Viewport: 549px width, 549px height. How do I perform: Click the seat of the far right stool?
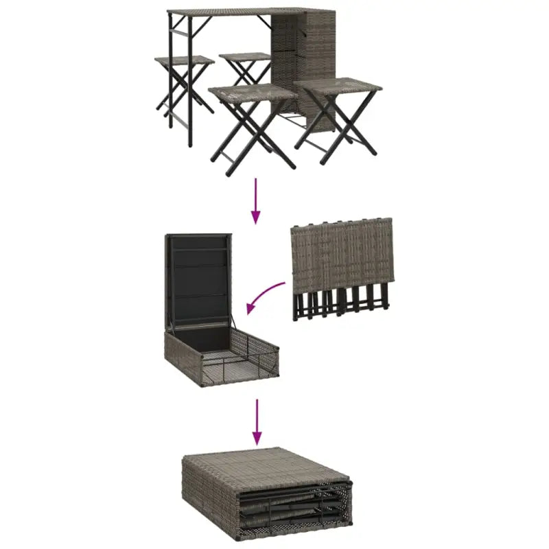click(338, 87)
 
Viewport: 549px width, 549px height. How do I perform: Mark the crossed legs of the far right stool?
click(336, 127)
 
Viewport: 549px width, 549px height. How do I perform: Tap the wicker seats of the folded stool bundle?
click(342, 254)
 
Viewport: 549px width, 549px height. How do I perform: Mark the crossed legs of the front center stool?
click(253, 134)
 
